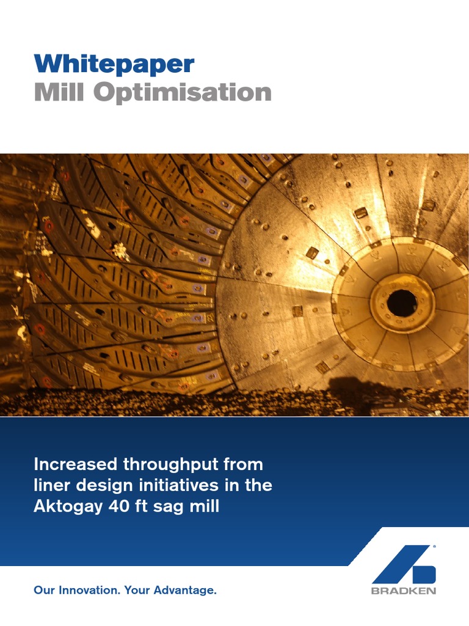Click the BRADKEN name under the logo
(404, 591)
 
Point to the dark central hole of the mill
(402, 303)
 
